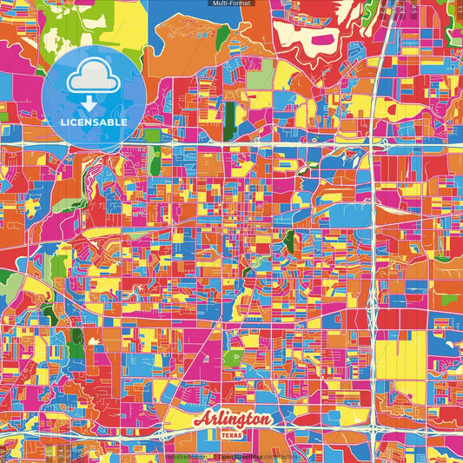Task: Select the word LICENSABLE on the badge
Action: click(94, 122)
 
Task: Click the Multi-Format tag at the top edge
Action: click(231, 3)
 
